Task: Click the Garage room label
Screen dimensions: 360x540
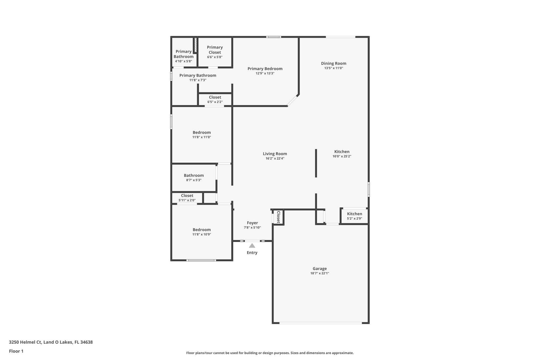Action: (320, 269)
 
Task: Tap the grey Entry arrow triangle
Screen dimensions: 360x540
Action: (252, 246)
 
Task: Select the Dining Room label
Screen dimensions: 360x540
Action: (334, 63)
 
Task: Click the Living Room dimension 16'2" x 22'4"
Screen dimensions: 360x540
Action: (275, 159)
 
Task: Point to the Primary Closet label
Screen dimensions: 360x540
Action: (215, 50)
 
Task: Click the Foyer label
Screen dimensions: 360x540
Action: (252, 223)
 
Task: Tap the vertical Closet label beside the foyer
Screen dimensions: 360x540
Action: (278, 217)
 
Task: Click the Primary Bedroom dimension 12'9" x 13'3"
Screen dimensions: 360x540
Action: (265, 73)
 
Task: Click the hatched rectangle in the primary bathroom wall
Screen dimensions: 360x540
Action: (196, 45)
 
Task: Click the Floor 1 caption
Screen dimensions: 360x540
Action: (16, 351)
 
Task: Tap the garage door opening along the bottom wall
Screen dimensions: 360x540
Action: (321, 323)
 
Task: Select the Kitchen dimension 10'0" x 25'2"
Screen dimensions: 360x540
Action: (342, 156)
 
